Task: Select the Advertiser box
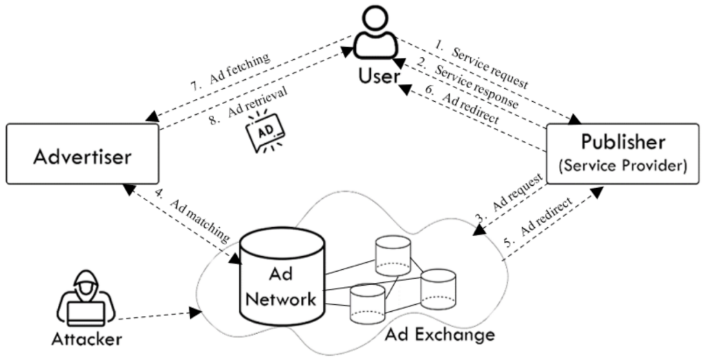83,155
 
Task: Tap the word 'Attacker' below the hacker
86,339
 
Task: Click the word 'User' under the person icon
378,75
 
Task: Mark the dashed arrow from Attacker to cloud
158,315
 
